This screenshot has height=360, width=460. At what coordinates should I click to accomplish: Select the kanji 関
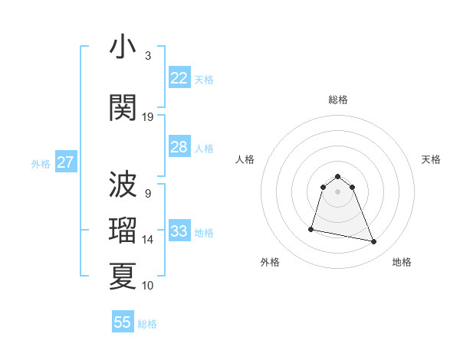pyautogui.click(x=123, y=107)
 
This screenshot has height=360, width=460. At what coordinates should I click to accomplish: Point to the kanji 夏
pyautogui.click(x=123, y=276)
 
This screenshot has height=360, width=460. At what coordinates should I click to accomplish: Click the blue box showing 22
pyautogui.click(x=179, y=78)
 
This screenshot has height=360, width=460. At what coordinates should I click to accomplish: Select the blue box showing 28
pyautogui.click(x=179, y=147)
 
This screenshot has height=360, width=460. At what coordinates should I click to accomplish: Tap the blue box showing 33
pyautogui.click(x=179, y=231)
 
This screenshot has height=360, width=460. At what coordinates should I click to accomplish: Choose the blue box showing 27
pyautogui.click(x=65, y=162)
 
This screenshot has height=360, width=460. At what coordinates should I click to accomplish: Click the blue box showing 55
pyautogui.click(x=123, y=322)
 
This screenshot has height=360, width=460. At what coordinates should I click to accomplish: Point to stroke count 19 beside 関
pyautogui.click(x=148, y=117)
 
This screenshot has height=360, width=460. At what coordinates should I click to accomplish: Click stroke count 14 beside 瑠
pyautogui.click(x=148, y=240)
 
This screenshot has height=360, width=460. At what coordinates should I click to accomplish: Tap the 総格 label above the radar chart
pyautogui.click(x=337, y=100)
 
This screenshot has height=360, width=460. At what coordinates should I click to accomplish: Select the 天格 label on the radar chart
pyautogui.click(x=431, y=159)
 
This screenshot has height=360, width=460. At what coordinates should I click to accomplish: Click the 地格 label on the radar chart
pyautogui.click(x=402, y=262)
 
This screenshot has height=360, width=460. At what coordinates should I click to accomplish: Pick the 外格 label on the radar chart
pyautogui.click(x=270, y=262)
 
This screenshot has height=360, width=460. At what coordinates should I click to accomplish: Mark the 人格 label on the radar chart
pyautogui.click(x=245, y=159)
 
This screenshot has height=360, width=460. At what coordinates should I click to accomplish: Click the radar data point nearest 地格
pyautogui.click(x=374, y=242)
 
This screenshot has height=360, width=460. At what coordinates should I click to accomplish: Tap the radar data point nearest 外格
pyautogui.click(x=311, y=228)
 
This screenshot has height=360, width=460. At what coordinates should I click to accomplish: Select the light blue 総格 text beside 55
pyautogui.click(x=147, y=324)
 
